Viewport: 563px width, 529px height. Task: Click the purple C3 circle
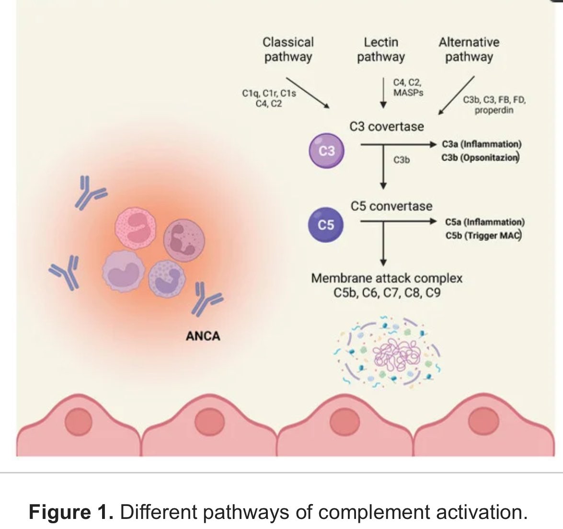coord(327,151)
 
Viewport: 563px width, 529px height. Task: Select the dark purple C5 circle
coord(326,224)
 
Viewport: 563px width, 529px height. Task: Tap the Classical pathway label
coord(288,49)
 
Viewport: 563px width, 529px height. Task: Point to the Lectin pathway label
coord(381,49)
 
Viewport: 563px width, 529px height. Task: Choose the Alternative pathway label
coord(469,49)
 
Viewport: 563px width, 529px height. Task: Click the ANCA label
coord(203,336)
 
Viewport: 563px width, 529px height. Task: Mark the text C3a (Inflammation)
coord(482,144)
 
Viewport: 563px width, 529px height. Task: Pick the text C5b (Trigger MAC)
coord(483,235)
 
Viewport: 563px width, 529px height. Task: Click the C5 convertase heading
coord(391,206)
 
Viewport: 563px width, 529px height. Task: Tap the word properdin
coord(494,110)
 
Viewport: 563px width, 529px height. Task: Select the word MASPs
coord(408,92)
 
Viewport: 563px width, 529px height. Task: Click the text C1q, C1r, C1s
coord(269,93)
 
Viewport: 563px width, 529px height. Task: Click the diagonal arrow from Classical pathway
coord(308,92)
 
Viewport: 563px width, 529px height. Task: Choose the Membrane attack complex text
coord(387,278)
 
